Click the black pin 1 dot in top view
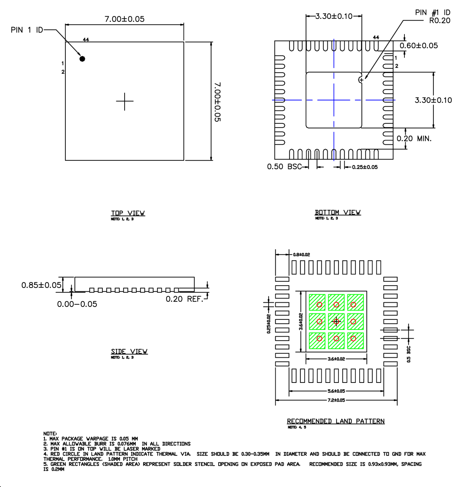pos(82,59)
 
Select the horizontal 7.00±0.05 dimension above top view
pos(124,19)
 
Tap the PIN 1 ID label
pos(27,30)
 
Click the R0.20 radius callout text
pos(440,21)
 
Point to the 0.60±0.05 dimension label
pos(418,46)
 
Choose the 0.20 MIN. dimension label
pos(414,139)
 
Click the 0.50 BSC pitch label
pos(284,167)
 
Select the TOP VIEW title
pos(128,213)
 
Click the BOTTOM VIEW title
pos(337,212)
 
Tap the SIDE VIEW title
pos(129,351)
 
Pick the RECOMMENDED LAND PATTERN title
pos(335,421)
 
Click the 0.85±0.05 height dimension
pos(41,285)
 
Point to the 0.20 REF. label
pos(184,299)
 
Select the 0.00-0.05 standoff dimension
pos(77,304)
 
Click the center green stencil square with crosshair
pos(336,322)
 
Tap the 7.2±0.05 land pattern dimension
pos(336,400)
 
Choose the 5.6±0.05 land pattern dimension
pos(336,391)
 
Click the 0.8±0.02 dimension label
pos(301,255)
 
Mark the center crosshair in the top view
pos(125,101)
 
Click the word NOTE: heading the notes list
pos(50,434)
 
